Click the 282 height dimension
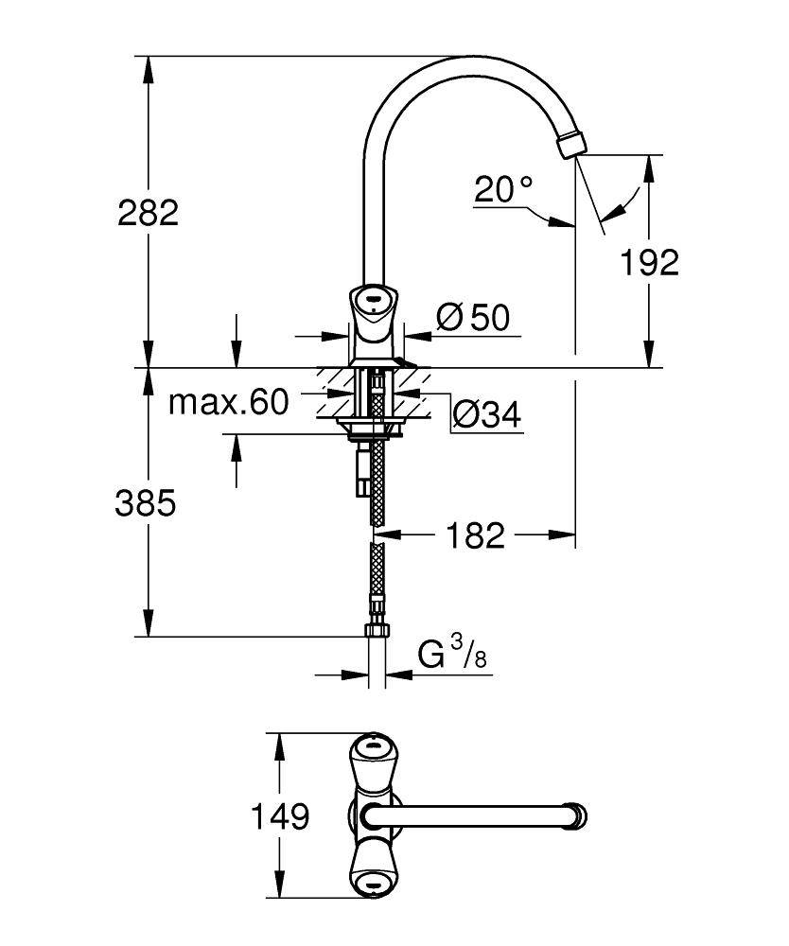[148, 212]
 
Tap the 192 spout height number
[650, 262]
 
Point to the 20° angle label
[502, 190]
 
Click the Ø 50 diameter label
[474, 319]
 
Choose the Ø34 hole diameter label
[487, 413]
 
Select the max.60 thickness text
[227, 403]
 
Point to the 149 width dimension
[280, 815]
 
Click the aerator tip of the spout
[570, 146]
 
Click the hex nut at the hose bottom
[376, 631]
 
